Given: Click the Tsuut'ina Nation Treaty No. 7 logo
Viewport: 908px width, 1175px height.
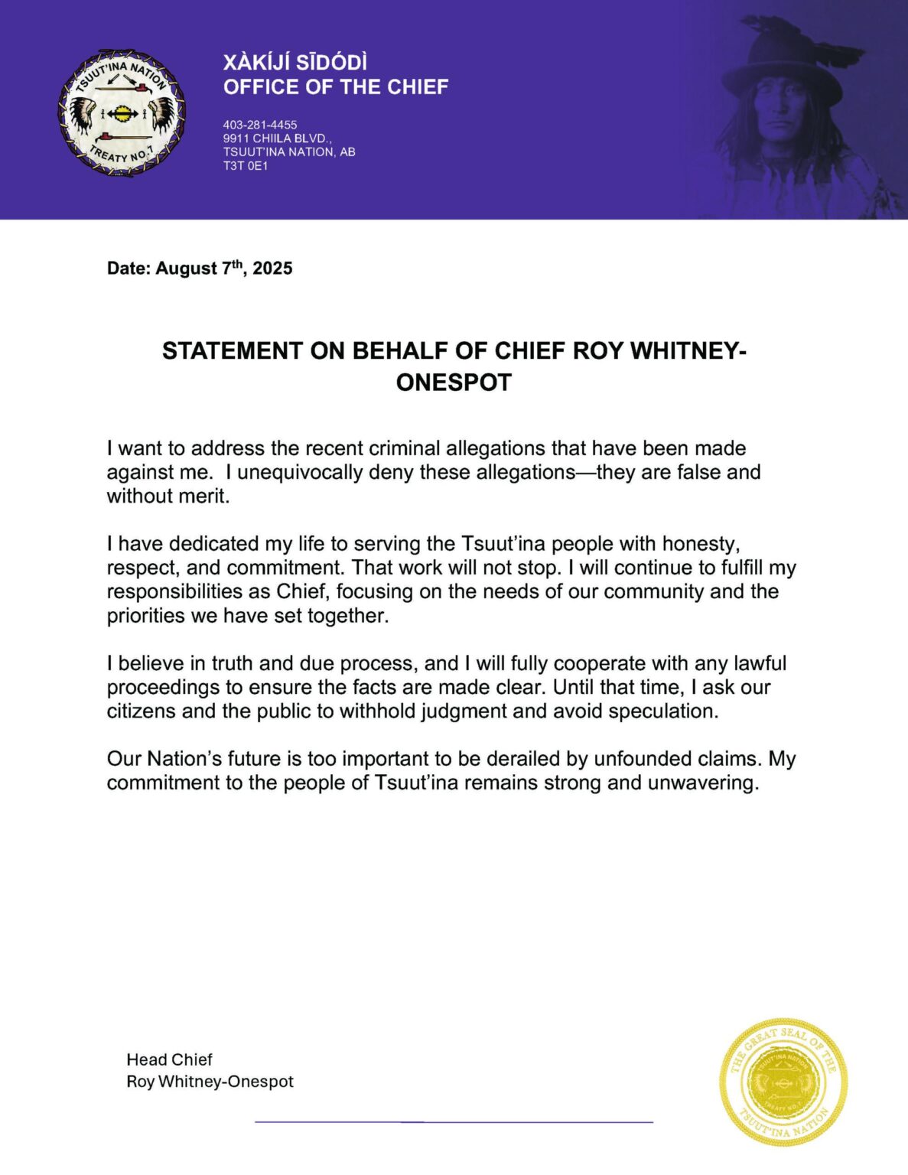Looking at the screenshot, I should click(122, 113).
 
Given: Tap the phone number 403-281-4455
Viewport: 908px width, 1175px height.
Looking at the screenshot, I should click(260, 125).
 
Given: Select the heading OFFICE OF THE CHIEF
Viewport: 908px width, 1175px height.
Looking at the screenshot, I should click(335, 87).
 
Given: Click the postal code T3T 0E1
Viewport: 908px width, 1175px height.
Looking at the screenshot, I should click(246, 166).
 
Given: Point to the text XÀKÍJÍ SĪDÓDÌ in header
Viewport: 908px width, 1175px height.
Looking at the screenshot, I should click(295, 62).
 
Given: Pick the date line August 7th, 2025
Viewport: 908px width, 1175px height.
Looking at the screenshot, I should click(200, 269).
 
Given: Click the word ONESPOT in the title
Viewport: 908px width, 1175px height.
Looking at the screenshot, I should click(454, 382).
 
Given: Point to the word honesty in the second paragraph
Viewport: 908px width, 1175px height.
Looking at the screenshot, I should click(701, 544).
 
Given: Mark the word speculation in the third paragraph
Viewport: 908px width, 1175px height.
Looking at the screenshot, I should click(663, 711).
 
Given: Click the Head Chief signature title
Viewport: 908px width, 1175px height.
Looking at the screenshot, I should click(169, 1059).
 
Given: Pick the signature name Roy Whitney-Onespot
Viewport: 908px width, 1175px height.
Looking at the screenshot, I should click(210, 1082).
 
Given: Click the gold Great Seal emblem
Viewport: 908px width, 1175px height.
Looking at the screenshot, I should click(783, 1082).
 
